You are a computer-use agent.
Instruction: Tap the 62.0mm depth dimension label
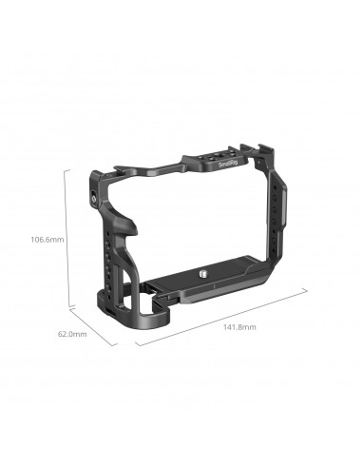pos(72,334)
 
